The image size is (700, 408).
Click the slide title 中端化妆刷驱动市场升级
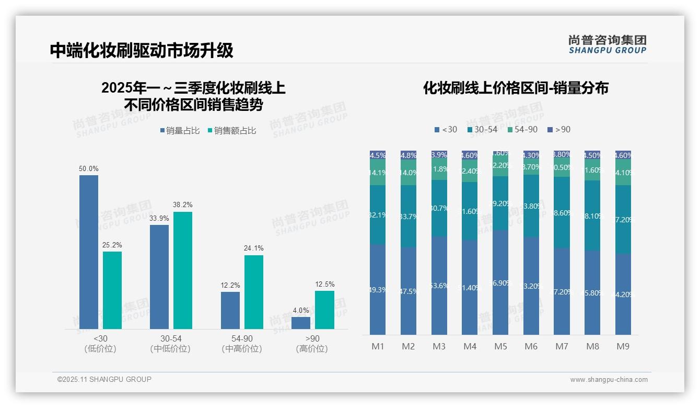click(x=142, y=50)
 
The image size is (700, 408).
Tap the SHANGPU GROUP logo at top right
click(x=607, y=44)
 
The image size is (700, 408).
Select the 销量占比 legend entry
click(x=180, y=131)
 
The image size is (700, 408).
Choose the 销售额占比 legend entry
click(x=232, y=131)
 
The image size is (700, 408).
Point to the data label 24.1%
click(x=253, y=248)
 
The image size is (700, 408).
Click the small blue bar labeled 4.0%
click(x=301, y=323)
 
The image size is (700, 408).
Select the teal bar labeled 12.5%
click(x=324, y=310)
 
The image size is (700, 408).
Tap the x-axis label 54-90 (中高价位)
click(x=241, y=344)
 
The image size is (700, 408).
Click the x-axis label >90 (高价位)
click(x=312, y=344)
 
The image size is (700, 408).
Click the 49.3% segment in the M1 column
click(x=378, y=289)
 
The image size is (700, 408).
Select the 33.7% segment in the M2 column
click(x=409, y=216)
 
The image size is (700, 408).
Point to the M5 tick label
click(x=500, y=346)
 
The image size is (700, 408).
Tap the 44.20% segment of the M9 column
click(x=623, y=294)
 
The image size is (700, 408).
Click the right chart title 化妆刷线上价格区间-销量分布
click(x=516, y=88)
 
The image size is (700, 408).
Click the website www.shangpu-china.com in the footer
click(x=609, y=380)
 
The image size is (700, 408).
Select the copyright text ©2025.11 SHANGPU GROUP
click(x=104, y=379)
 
